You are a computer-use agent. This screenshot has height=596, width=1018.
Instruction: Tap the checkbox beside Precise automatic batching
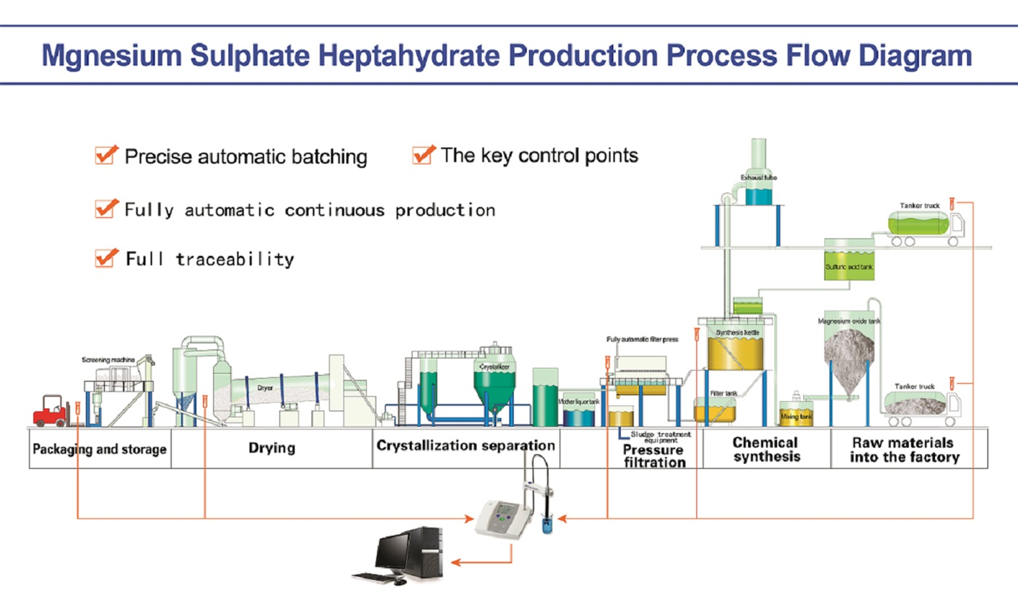pyautogui.click(x=105, y=155)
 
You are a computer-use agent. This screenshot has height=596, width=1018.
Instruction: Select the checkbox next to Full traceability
pyautogui.click(x=105, y=258)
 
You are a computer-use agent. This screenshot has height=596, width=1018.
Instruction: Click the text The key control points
pyautogui.click(x=539, y=155)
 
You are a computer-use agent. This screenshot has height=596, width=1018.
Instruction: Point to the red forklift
pyautogui.click(x=52, y=411)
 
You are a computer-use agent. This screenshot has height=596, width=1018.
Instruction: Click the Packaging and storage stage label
pyautogui.click(x=100, y=449)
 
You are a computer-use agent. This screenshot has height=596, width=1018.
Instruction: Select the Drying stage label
pyautogui.click(x=271, y=448)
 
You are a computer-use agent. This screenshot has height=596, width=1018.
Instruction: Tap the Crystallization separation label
pyautogui.click(x=466, y=445)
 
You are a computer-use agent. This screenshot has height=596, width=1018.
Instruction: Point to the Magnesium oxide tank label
pyautogui.click(x=849, y=321)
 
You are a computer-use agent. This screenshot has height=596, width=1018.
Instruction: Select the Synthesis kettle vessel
pyautogui.click(x=735, y=346)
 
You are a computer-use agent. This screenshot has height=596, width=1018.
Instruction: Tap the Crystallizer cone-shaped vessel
pyautogui.click(x=494, y=382)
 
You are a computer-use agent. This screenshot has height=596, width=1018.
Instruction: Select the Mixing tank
pyautogui.click(x=795, y=416)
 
